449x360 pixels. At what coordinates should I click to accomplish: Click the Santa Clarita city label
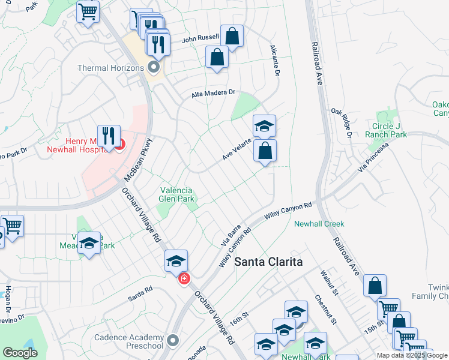(268, 262)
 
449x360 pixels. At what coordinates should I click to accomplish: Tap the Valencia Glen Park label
(176, 194)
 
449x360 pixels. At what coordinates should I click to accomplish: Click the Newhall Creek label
(319, 224)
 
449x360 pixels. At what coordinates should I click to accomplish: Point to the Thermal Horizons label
(110, 68)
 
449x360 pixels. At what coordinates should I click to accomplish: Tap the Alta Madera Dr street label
(213, 94)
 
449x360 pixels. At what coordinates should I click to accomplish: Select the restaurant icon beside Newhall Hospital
(109, 135)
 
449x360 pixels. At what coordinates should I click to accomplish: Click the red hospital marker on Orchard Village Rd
(184, 278)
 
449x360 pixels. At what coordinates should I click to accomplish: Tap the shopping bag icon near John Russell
(232, 35)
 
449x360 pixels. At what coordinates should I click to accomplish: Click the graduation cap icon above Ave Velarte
(264, 125)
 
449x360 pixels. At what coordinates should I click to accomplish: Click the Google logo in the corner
(20, 353)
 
